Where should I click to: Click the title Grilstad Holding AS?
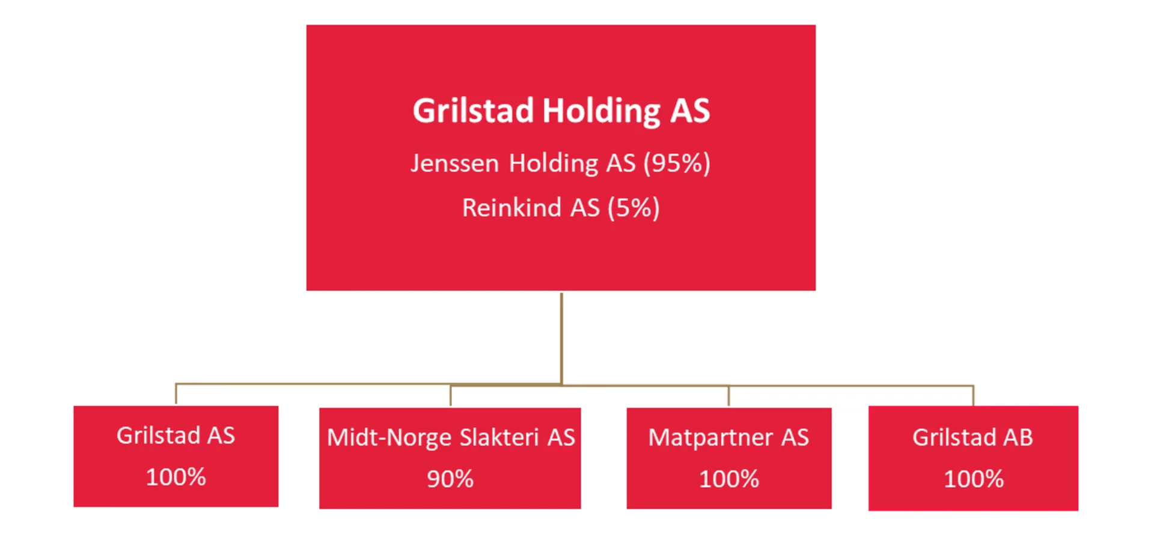point(561,111)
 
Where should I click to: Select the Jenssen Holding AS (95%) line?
point(560,163)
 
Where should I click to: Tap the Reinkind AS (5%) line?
point(561,208)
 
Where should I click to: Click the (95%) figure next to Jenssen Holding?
point(677,163)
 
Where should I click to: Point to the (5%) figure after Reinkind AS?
point(633,208)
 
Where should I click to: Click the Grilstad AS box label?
point(176,435)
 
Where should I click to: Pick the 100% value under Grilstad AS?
point(176,477)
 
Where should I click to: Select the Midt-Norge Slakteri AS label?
point(451,438)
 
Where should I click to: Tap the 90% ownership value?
point(450,479)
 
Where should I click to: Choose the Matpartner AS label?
point(728,438)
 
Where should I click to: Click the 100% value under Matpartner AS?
point(729,479)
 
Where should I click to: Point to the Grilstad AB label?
point(972,437)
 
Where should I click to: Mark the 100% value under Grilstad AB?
point(974,479)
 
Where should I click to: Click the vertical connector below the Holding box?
point(561,338)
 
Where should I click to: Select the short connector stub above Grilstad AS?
point(176,393)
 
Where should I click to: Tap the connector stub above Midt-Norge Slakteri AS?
point(451,395)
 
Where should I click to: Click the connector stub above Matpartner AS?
point(729,396)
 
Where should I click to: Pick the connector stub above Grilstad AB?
point(973,395)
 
